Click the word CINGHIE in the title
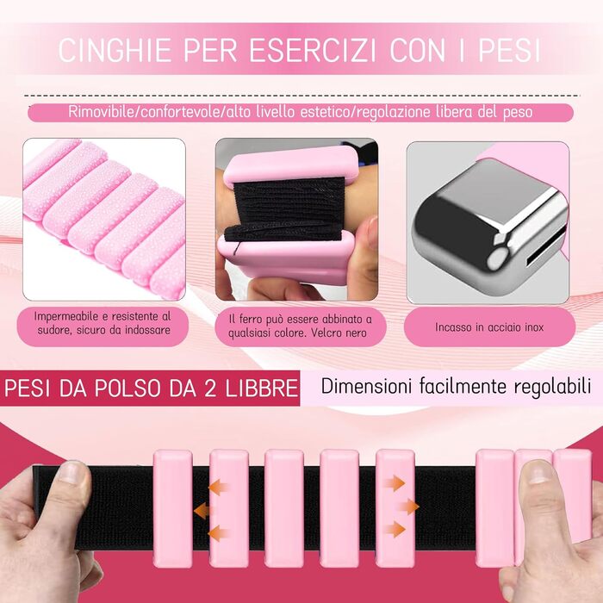[115, 50]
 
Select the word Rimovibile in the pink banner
[103, 112]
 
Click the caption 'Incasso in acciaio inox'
[489, 327]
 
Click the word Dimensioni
[366, 386]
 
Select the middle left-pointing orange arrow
[202, 511]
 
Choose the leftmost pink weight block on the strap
[172, 509]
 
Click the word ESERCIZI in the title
[312, 50]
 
